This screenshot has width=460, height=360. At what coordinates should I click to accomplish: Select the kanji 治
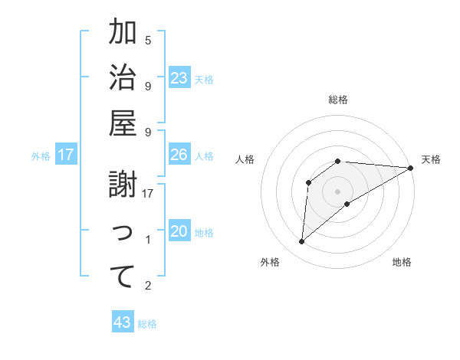[123, 78]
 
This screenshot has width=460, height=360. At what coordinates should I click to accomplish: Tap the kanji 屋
[123, 124]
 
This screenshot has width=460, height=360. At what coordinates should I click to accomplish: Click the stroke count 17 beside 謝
[149, 194]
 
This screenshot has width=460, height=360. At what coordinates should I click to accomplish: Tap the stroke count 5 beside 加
[148, 40]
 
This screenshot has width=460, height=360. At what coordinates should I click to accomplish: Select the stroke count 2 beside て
[148, 286]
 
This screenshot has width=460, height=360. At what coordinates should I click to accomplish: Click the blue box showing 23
[179, 77]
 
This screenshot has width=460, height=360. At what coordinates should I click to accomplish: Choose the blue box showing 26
[179, 155]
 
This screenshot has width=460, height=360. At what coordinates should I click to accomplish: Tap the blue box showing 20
[179, 232]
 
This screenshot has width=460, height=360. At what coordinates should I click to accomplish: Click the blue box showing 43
[123, 322]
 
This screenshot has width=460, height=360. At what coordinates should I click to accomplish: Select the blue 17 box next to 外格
[66, 155]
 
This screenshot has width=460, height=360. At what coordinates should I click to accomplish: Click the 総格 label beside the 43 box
[147, 324]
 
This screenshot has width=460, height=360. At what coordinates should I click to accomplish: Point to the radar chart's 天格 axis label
[431, 159]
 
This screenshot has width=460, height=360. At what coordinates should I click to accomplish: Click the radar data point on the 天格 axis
[410, 168]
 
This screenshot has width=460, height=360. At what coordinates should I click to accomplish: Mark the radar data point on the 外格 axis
[301, 242]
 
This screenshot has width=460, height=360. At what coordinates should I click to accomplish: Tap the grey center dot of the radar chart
[337, 191]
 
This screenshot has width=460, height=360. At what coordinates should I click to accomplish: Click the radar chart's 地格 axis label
[402, 262]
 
